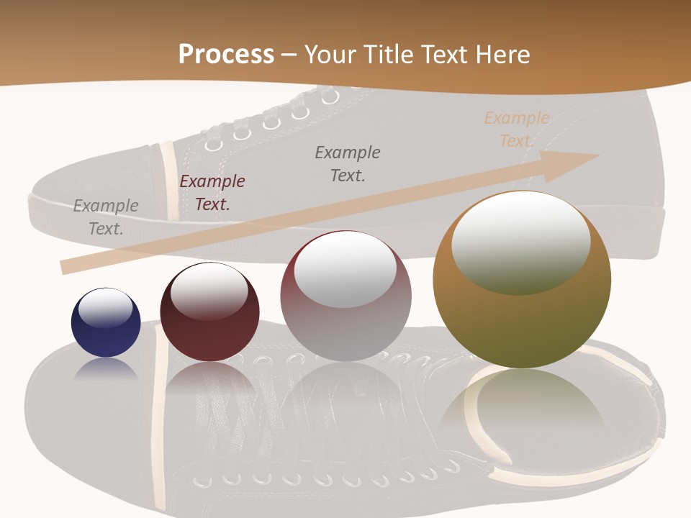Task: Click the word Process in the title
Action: tap(226, 54)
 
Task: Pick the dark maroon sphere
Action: tap(209, 313)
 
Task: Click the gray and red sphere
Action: tap(345, 296)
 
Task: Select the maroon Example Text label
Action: tap(212, 193)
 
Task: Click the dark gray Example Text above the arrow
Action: tap(348, 163)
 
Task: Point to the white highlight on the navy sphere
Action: tap(105, 307)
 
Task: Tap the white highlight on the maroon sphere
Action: tap(209, 289)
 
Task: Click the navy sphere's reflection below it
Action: tap(106, 368)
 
